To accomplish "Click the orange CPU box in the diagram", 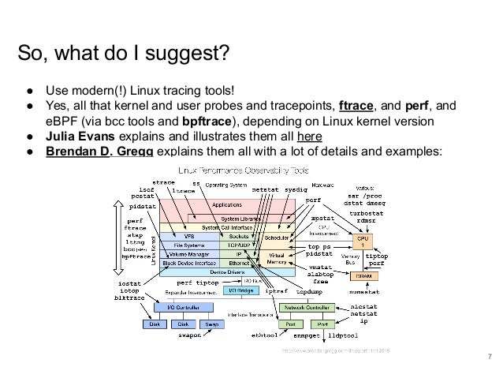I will (x=364, y=241).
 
